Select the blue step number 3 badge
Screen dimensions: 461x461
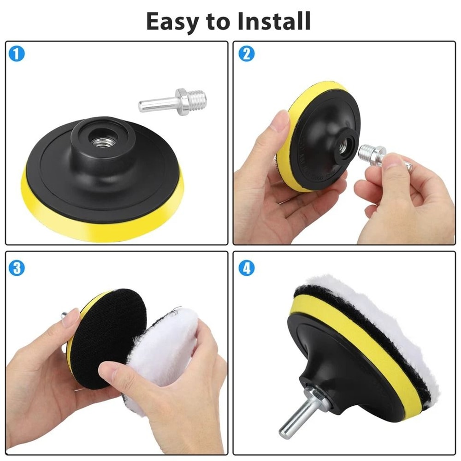pos(17,268)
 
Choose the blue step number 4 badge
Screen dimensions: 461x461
pos(246,268)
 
